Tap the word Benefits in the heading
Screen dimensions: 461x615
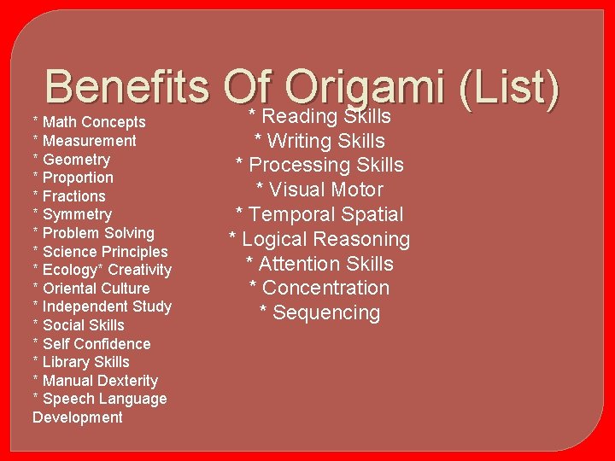(x=128, y=88)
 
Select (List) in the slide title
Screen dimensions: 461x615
(x=509, y=88)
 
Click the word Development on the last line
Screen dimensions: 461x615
(x=78, y=417)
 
